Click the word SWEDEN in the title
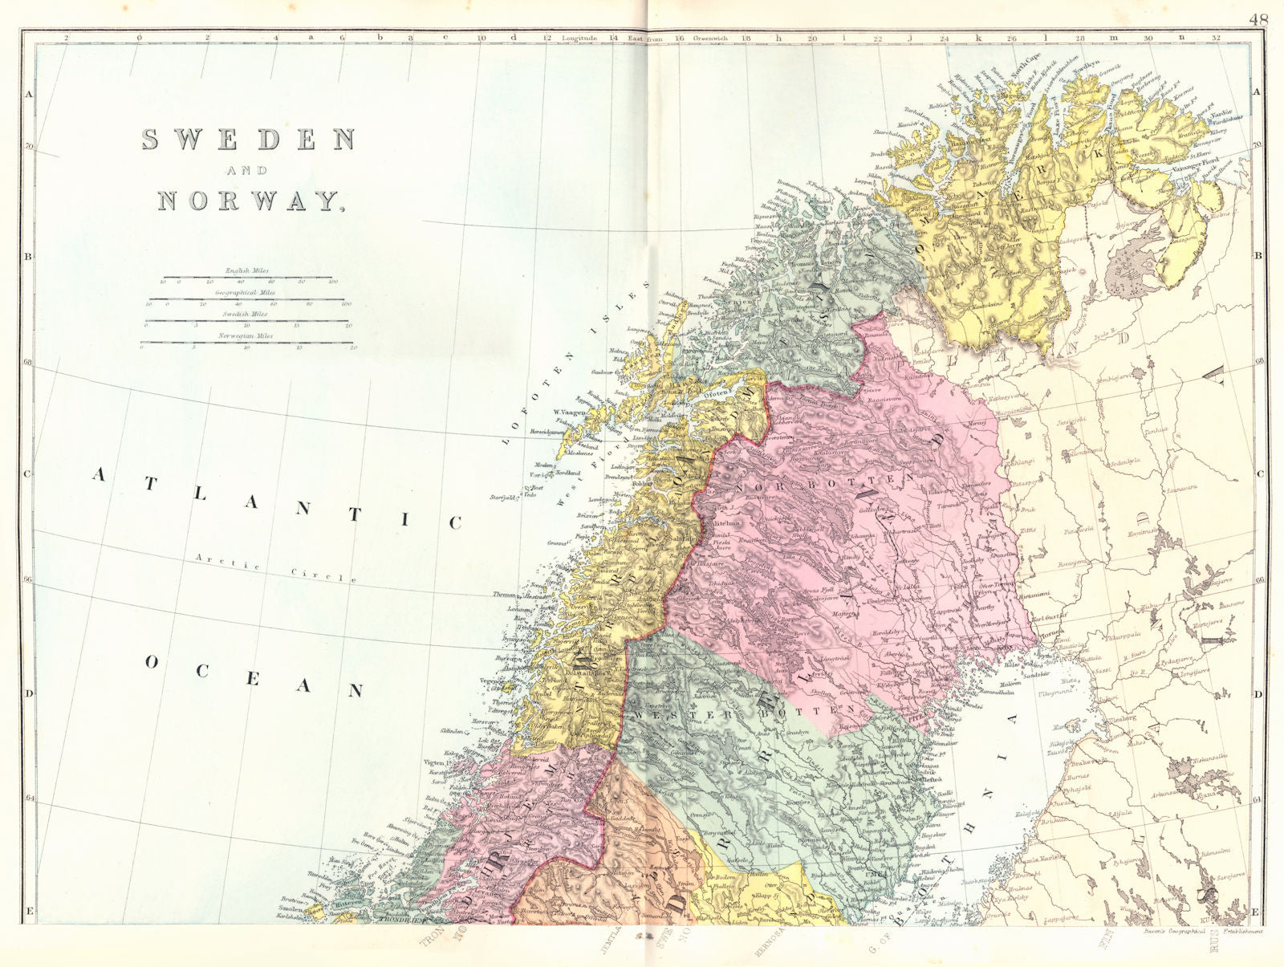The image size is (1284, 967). [x=248, y=140]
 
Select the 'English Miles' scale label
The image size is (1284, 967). [x=246, y=271]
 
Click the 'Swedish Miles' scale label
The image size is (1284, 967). [x=246, y=315]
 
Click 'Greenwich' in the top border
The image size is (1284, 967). [x=709, y=38]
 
